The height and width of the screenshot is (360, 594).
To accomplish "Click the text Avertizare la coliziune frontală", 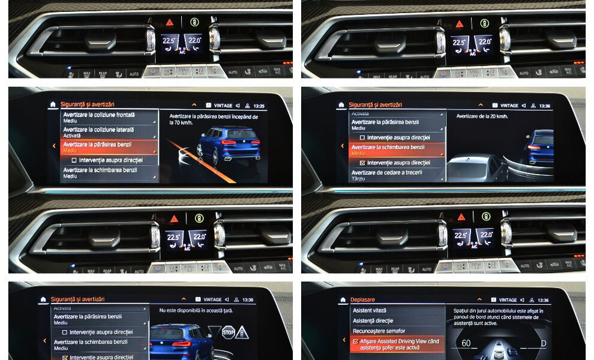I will pyautogui.click(x=99, y=115).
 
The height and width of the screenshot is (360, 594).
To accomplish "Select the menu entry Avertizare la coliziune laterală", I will pyautogui.click(x=98, y=130).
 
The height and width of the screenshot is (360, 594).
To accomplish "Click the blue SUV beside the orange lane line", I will pyautogui.click(x=228, y=144).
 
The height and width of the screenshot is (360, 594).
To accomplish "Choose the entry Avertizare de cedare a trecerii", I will pyautogui.click(x=386, y=173).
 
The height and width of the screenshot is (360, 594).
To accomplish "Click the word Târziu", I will pyautogui.click(x=358, y=179).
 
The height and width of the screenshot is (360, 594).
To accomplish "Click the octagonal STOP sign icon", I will pyautogui.click(x=229, y=332).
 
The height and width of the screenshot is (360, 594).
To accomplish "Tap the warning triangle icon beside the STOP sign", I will pyautogui.click(x=242, y=332).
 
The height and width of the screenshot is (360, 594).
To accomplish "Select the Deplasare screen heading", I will pyautogui.click(x=362, y=299).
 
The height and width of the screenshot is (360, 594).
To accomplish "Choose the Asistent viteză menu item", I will pyautogui.click(x=371, y=311).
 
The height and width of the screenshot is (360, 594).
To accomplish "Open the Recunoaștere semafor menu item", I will pyautogui.click(x=379, y=331).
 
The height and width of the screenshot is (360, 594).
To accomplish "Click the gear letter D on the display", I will pyautogui.click(x=544, y=343).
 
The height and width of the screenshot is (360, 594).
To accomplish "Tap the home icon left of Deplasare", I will pyautogui.click(x=341, y=299).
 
